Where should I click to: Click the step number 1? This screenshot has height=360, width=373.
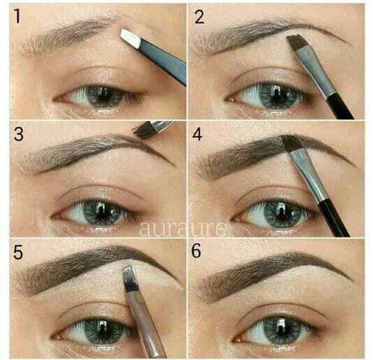17,16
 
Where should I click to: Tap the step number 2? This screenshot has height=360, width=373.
199,16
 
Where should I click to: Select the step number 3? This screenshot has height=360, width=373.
19,134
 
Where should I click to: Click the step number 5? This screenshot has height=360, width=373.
18,252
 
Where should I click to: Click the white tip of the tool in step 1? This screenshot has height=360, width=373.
131,38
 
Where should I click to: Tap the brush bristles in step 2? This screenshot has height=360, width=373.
296,42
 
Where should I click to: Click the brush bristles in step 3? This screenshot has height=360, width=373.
145,130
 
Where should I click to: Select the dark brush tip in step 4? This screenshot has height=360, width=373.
292,143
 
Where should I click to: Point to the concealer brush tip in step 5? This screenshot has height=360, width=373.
129,277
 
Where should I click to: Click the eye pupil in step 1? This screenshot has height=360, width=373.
103,96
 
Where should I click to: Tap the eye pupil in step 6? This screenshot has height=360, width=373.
282,329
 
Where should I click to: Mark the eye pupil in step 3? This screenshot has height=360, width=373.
101,213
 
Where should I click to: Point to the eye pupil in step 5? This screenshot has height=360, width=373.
102,330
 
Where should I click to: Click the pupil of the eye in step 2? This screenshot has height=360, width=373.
277,96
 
